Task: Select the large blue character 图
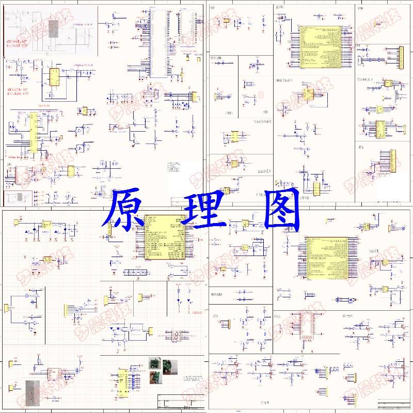click(281, 209)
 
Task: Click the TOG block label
click(360, 8)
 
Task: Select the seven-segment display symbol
click(179, 336)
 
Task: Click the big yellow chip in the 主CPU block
click(320, 46)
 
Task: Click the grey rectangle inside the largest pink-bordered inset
click(53, 28)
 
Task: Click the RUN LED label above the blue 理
click(216, 58)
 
